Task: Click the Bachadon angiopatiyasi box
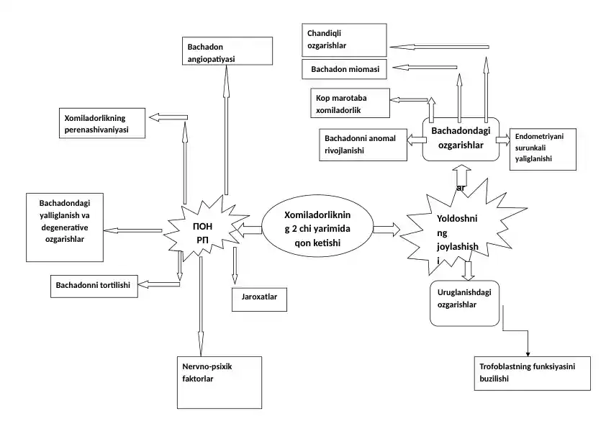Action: coord(225,51)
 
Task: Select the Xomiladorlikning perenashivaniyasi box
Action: coord(101,122)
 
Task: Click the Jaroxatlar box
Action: coord(259,298)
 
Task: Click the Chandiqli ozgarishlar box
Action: coord(345,40)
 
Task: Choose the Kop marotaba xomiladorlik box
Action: coord(349,104)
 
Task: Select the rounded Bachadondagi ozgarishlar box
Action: coord(461,137)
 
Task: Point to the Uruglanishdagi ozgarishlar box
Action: coord(465,303)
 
